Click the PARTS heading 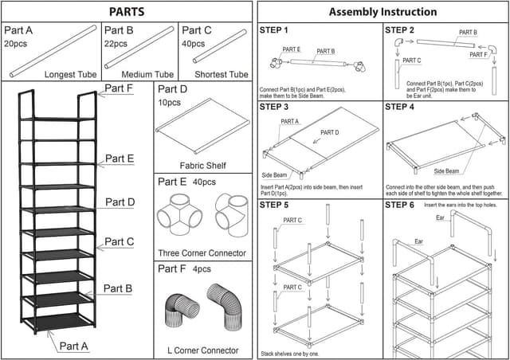[127, 12]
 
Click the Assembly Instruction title [382, 12]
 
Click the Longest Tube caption [70, 75]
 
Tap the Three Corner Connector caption [202, 253]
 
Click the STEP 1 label [274, 30]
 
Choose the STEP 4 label [399, 107]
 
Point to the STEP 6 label [399, 205]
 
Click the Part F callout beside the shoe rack [120, 88]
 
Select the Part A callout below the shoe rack [74, 346]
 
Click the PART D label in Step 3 [330, 132]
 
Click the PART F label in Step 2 [479, 55]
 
